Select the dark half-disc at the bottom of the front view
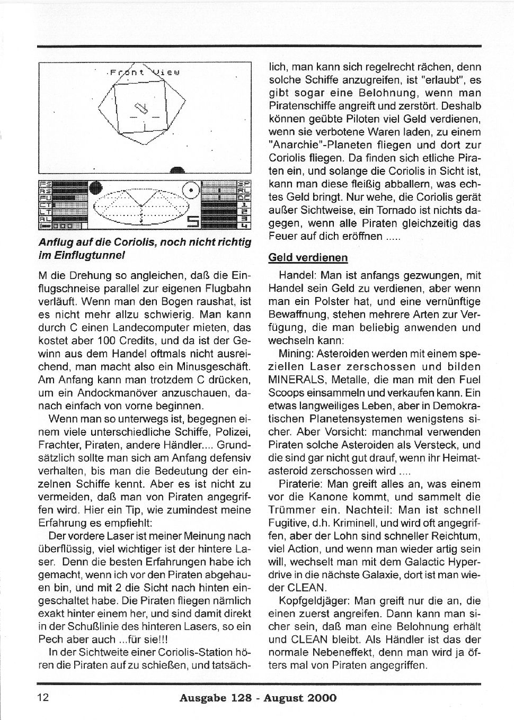tap(178, 170)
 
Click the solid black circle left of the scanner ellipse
tap(96, 188)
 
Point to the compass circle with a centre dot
tap(190, 189)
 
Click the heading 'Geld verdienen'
tap(308, 258)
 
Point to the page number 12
tap(43, 697)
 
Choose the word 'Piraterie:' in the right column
tap(300, 484)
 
